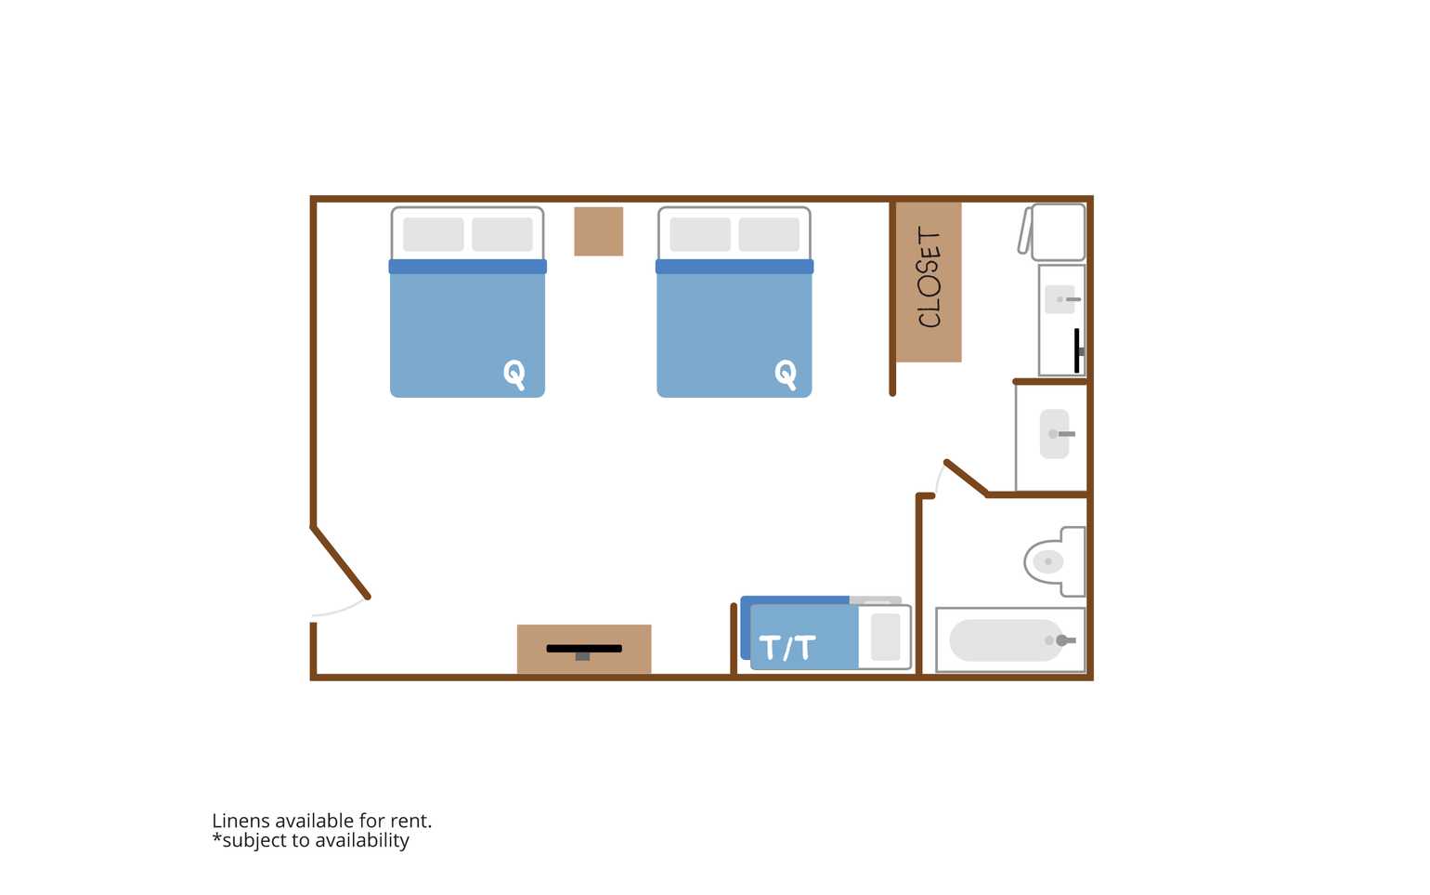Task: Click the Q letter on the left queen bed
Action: (514, 374)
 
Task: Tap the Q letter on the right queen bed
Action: (786, 374)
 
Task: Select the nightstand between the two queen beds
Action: (598, 231)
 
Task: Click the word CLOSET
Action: (929, 277)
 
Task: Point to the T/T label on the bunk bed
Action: (787, 647)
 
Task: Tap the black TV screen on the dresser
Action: (584, 649)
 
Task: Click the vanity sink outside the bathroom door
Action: (1055, 434)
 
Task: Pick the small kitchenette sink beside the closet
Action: (1059, 299)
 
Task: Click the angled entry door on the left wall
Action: (340, 562)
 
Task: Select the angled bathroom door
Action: (967, 478)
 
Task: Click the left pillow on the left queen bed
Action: (434, 234)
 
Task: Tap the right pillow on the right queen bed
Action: (769, 234)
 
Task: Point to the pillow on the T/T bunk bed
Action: (886, 637)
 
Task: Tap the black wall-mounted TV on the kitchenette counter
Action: (1077, 350)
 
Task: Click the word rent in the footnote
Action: (410, 822)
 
